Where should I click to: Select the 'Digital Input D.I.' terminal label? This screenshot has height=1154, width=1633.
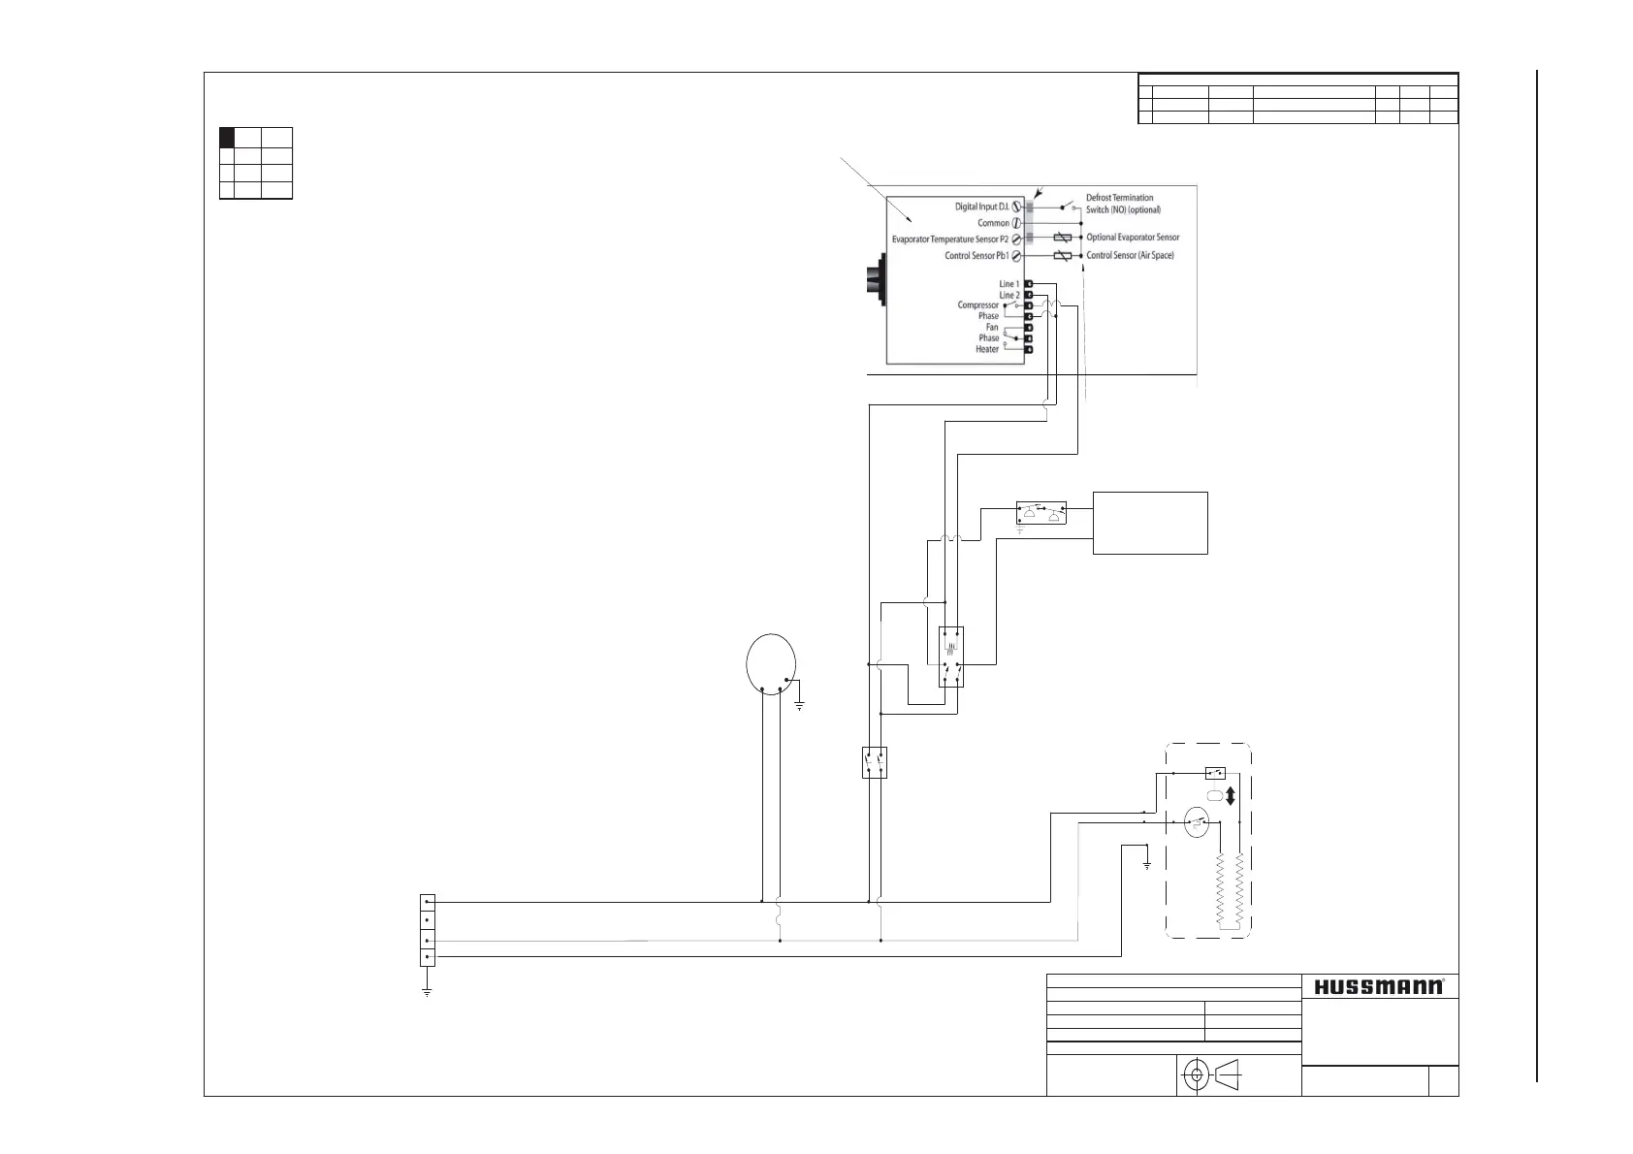coord(969,207)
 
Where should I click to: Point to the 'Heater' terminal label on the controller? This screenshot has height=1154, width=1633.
coord(987,349)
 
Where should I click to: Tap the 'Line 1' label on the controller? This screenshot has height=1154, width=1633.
coord(1009,284)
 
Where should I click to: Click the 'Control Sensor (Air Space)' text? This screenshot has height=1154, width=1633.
coord(1130,256)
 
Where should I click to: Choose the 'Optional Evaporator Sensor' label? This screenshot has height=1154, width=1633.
coord(1133,238)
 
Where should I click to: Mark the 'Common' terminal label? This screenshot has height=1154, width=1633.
coord(993,223)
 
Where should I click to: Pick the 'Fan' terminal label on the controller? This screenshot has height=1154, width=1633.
coord(992,327)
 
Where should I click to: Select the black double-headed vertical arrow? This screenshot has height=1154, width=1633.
coord(1231,796)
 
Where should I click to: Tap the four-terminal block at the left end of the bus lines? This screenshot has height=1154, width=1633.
coord(427,929)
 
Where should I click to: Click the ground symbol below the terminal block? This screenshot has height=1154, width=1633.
coord(427,991)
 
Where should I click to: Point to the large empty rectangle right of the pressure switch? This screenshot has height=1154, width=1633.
coord(1150,523)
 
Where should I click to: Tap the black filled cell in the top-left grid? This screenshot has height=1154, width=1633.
coord(229,137)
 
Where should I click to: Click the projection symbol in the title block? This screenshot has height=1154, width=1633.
coord(1216,1074)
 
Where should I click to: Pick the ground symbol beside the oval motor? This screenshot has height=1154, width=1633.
coord(799,705)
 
